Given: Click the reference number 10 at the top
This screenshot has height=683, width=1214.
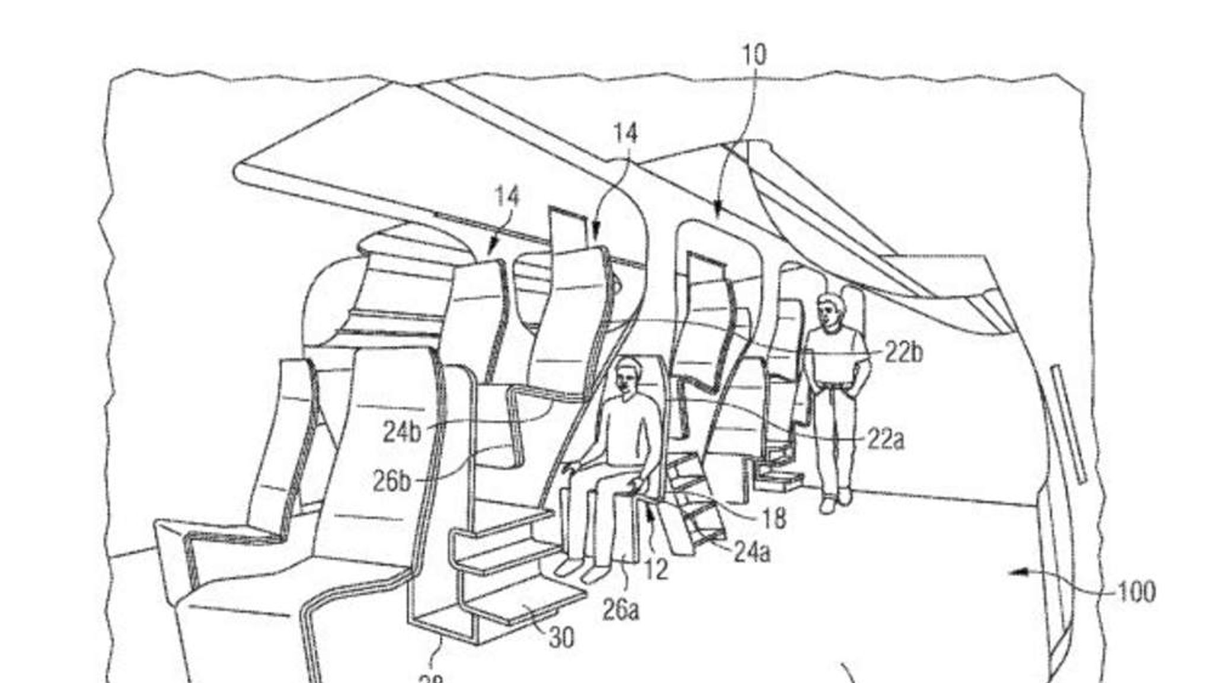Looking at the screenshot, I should (x=754, y=55).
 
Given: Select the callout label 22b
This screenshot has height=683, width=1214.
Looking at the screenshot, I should (x=904, y=353).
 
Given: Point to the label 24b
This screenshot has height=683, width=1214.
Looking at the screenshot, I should (x=402, y=432).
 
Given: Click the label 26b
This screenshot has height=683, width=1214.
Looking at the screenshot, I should (x=391, y=482).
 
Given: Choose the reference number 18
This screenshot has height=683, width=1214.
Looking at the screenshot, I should (x=772, y=519).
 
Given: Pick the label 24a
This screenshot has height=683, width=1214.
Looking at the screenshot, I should (x=752, y=553).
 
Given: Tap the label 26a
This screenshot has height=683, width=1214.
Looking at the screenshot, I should (x=621, y=610).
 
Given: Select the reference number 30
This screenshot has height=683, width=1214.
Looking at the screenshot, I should (x=561, y=638).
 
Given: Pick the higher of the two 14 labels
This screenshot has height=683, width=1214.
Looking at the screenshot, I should (x=625, y=133).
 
